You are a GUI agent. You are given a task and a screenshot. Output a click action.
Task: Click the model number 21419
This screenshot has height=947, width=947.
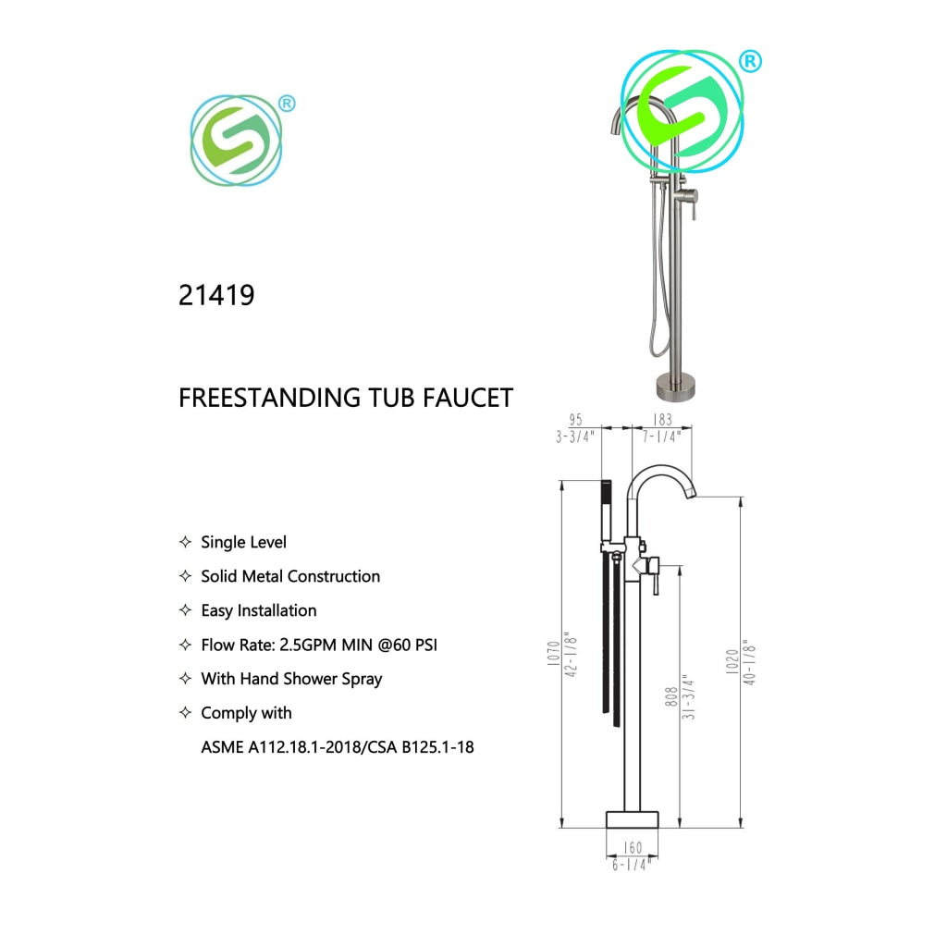pos(216,295)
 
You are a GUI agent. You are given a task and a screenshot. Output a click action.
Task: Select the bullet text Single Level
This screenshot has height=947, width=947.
pos(244,542)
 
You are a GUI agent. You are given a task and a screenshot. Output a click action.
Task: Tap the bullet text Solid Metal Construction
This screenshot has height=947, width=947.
pos(290,576)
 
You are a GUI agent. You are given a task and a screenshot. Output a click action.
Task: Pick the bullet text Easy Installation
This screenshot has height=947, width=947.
pos(259,610)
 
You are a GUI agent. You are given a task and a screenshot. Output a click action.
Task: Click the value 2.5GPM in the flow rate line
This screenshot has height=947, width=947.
pos(310,645)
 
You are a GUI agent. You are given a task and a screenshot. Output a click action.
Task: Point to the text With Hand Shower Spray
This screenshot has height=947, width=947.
pos(291,679)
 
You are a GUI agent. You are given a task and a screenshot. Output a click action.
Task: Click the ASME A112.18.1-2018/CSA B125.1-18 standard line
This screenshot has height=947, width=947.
pos(338,746)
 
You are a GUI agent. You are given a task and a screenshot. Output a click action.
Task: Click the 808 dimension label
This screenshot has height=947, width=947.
pos(671,695)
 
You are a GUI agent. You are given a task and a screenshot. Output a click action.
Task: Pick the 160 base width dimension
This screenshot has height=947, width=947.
pos(632,847)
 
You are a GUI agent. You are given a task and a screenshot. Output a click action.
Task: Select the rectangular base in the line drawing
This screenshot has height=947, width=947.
pos(632,819)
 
